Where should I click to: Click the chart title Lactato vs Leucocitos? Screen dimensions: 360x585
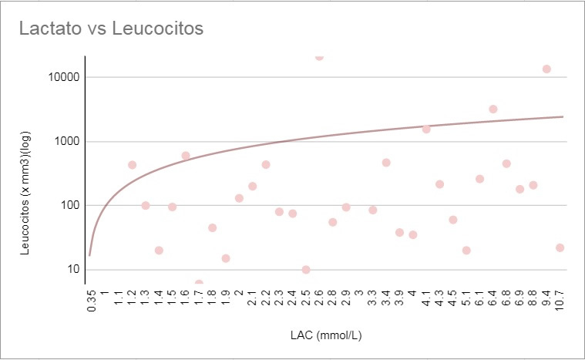tap(111, 29)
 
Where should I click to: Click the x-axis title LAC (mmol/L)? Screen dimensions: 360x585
tap(326, 337)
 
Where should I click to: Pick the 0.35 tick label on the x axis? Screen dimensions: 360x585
tap(92, 299)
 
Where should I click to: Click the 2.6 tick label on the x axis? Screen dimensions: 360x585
tap(319, 298)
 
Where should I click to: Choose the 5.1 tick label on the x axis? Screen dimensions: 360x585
tap(466, 298)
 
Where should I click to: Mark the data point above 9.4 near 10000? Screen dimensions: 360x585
tap(546, 69)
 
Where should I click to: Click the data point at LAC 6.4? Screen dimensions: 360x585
tap(493, 109)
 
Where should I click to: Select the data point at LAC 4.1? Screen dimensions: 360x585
tap(426, 129)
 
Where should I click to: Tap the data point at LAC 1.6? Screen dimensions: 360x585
tap(186, 156)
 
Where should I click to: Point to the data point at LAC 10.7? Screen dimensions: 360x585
tap(560, 247)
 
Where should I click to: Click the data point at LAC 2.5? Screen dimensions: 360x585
tap(306, 270)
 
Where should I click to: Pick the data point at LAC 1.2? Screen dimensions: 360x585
tap(132, 164)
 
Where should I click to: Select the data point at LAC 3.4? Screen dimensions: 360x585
tap(386, 163)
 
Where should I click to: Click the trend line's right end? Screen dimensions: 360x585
tap(563, 116)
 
